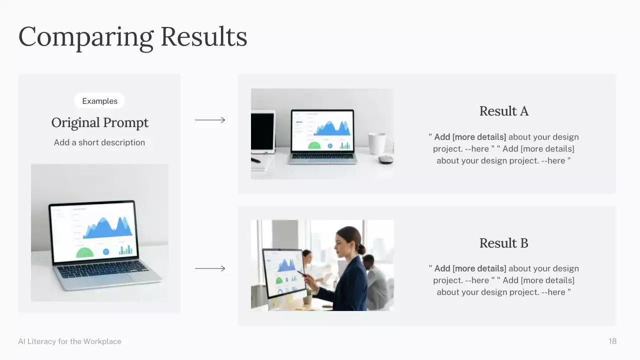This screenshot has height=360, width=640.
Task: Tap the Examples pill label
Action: [x=99, y=101]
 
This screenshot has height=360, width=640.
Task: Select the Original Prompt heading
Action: [x=99, y=122]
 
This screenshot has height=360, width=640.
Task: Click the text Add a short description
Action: [x=99, y=142]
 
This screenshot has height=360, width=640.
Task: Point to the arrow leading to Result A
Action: [x=210, y=120]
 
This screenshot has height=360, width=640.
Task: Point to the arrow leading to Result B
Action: [x=210, y=268]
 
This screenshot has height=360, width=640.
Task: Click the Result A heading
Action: [x=504, y=111]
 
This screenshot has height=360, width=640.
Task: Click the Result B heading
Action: [x=504, y=243]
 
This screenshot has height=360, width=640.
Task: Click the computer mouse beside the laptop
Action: [x=385, y=159]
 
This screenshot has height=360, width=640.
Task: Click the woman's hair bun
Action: [x=361, y=249]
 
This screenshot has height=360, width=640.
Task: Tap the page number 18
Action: [x=612, y=341]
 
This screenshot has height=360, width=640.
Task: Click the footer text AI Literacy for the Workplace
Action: [x=69, y=341]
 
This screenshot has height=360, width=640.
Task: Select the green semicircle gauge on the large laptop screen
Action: [x=84, y=252]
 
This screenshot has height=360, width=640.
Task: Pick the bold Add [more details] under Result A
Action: [x=470, y=137]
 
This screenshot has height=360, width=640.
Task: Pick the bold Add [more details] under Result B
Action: [x=470, y=268]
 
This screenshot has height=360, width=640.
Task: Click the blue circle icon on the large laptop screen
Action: [x=106, y=251]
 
